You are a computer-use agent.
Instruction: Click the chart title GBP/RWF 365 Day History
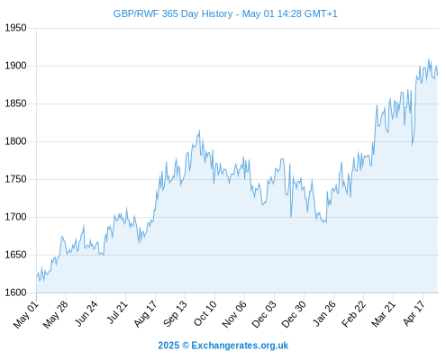coord(173,13)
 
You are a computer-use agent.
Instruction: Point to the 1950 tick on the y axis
coord(15,28)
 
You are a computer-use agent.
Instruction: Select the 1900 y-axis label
coord(15,66)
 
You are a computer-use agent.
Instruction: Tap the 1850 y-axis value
coord(15,103)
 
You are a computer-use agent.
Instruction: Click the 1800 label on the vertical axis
coord(15,141)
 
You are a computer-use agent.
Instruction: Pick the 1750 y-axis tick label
coord(15,179)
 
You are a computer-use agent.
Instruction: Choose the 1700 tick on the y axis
coord(15,217)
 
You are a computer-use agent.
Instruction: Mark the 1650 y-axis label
coord(15,255)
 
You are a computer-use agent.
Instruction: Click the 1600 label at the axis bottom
coord(15,292)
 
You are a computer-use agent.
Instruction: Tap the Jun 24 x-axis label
coord(86,313)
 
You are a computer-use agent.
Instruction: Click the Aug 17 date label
coord(145,314)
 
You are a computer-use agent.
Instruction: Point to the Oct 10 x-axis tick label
coord(205,313)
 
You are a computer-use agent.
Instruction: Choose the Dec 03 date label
coord(264,314)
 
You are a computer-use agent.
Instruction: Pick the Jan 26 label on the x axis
coord(324,313)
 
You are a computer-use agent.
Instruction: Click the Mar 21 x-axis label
coord(383,314)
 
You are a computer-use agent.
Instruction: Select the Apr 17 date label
coord(414,313)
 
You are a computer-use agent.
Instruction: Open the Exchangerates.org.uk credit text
coord(240,346)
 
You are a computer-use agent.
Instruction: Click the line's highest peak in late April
coord(429,59)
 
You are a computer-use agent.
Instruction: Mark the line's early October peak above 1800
coord(199,130)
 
